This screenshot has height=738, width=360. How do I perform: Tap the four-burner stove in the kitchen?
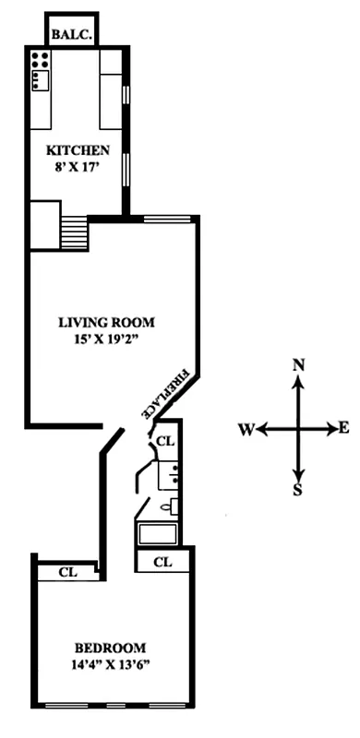tap(40, 61)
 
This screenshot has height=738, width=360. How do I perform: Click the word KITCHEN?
tap(78, 150)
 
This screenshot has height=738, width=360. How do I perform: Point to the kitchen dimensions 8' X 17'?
tap(78, 167)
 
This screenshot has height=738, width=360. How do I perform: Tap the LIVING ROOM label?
tap(106, 323)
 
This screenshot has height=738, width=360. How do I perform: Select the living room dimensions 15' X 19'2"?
tap(106, 340)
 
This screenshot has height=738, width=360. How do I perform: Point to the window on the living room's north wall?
tap(167, 219)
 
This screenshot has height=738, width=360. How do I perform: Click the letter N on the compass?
tap(298, 365)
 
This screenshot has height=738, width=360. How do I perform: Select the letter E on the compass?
tap(343, 427)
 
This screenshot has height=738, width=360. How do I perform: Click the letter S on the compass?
tap(297, 490)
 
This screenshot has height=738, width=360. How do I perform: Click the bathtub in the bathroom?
tap(159, 532)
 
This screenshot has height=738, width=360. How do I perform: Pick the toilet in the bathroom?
tap(173, 506)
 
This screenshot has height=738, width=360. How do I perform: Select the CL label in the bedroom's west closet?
tap(66, 572)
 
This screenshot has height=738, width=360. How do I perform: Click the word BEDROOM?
tap(110, 647)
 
